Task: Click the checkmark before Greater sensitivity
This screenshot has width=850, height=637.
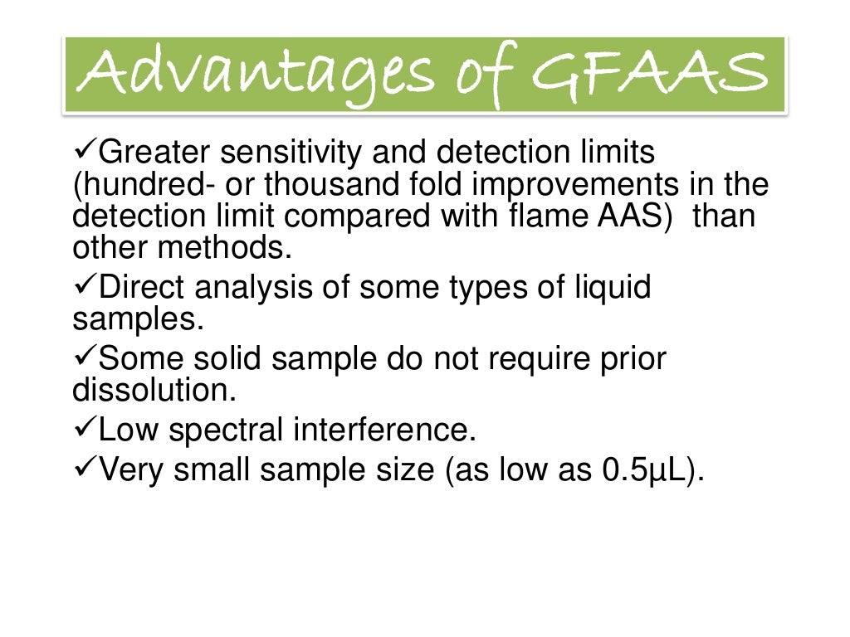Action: [85, 153]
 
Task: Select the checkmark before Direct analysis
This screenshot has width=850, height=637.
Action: [85, 288]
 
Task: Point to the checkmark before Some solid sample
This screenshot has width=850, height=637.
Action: [85, 359]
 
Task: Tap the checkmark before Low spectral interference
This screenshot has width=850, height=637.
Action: [85, 430]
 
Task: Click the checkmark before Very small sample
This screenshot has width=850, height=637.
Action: [85, 470]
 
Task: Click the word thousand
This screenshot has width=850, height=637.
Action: [330, 184]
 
